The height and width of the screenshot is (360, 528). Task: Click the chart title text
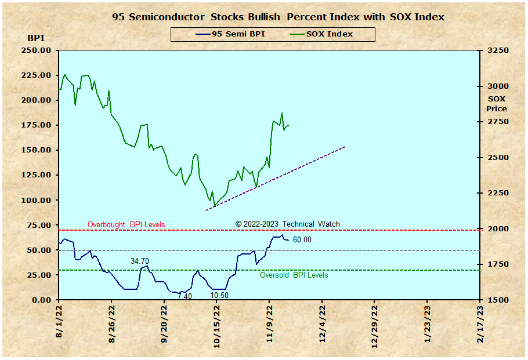[278, 17]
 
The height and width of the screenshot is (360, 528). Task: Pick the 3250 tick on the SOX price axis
[497, 50]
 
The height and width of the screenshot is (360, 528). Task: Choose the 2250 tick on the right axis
[497, 193]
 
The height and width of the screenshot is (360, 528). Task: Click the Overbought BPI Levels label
[126, 225]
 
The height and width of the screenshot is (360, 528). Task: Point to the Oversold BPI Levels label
[294, 275]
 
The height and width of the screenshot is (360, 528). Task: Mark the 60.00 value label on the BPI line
[302, 240]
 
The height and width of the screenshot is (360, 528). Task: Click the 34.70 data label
[139, 261]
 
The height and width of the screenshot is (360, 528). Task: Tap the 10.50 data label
[219, 295]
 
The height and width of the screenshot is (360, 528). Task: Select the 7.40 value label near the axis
[185, 296]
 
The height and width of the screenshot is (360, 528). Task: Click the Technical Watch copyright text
[287, 224]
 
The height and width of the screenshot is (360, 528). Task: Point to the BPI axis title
[35, 38]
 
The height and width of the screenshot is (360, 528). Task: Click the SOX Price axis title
[497, 104]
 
